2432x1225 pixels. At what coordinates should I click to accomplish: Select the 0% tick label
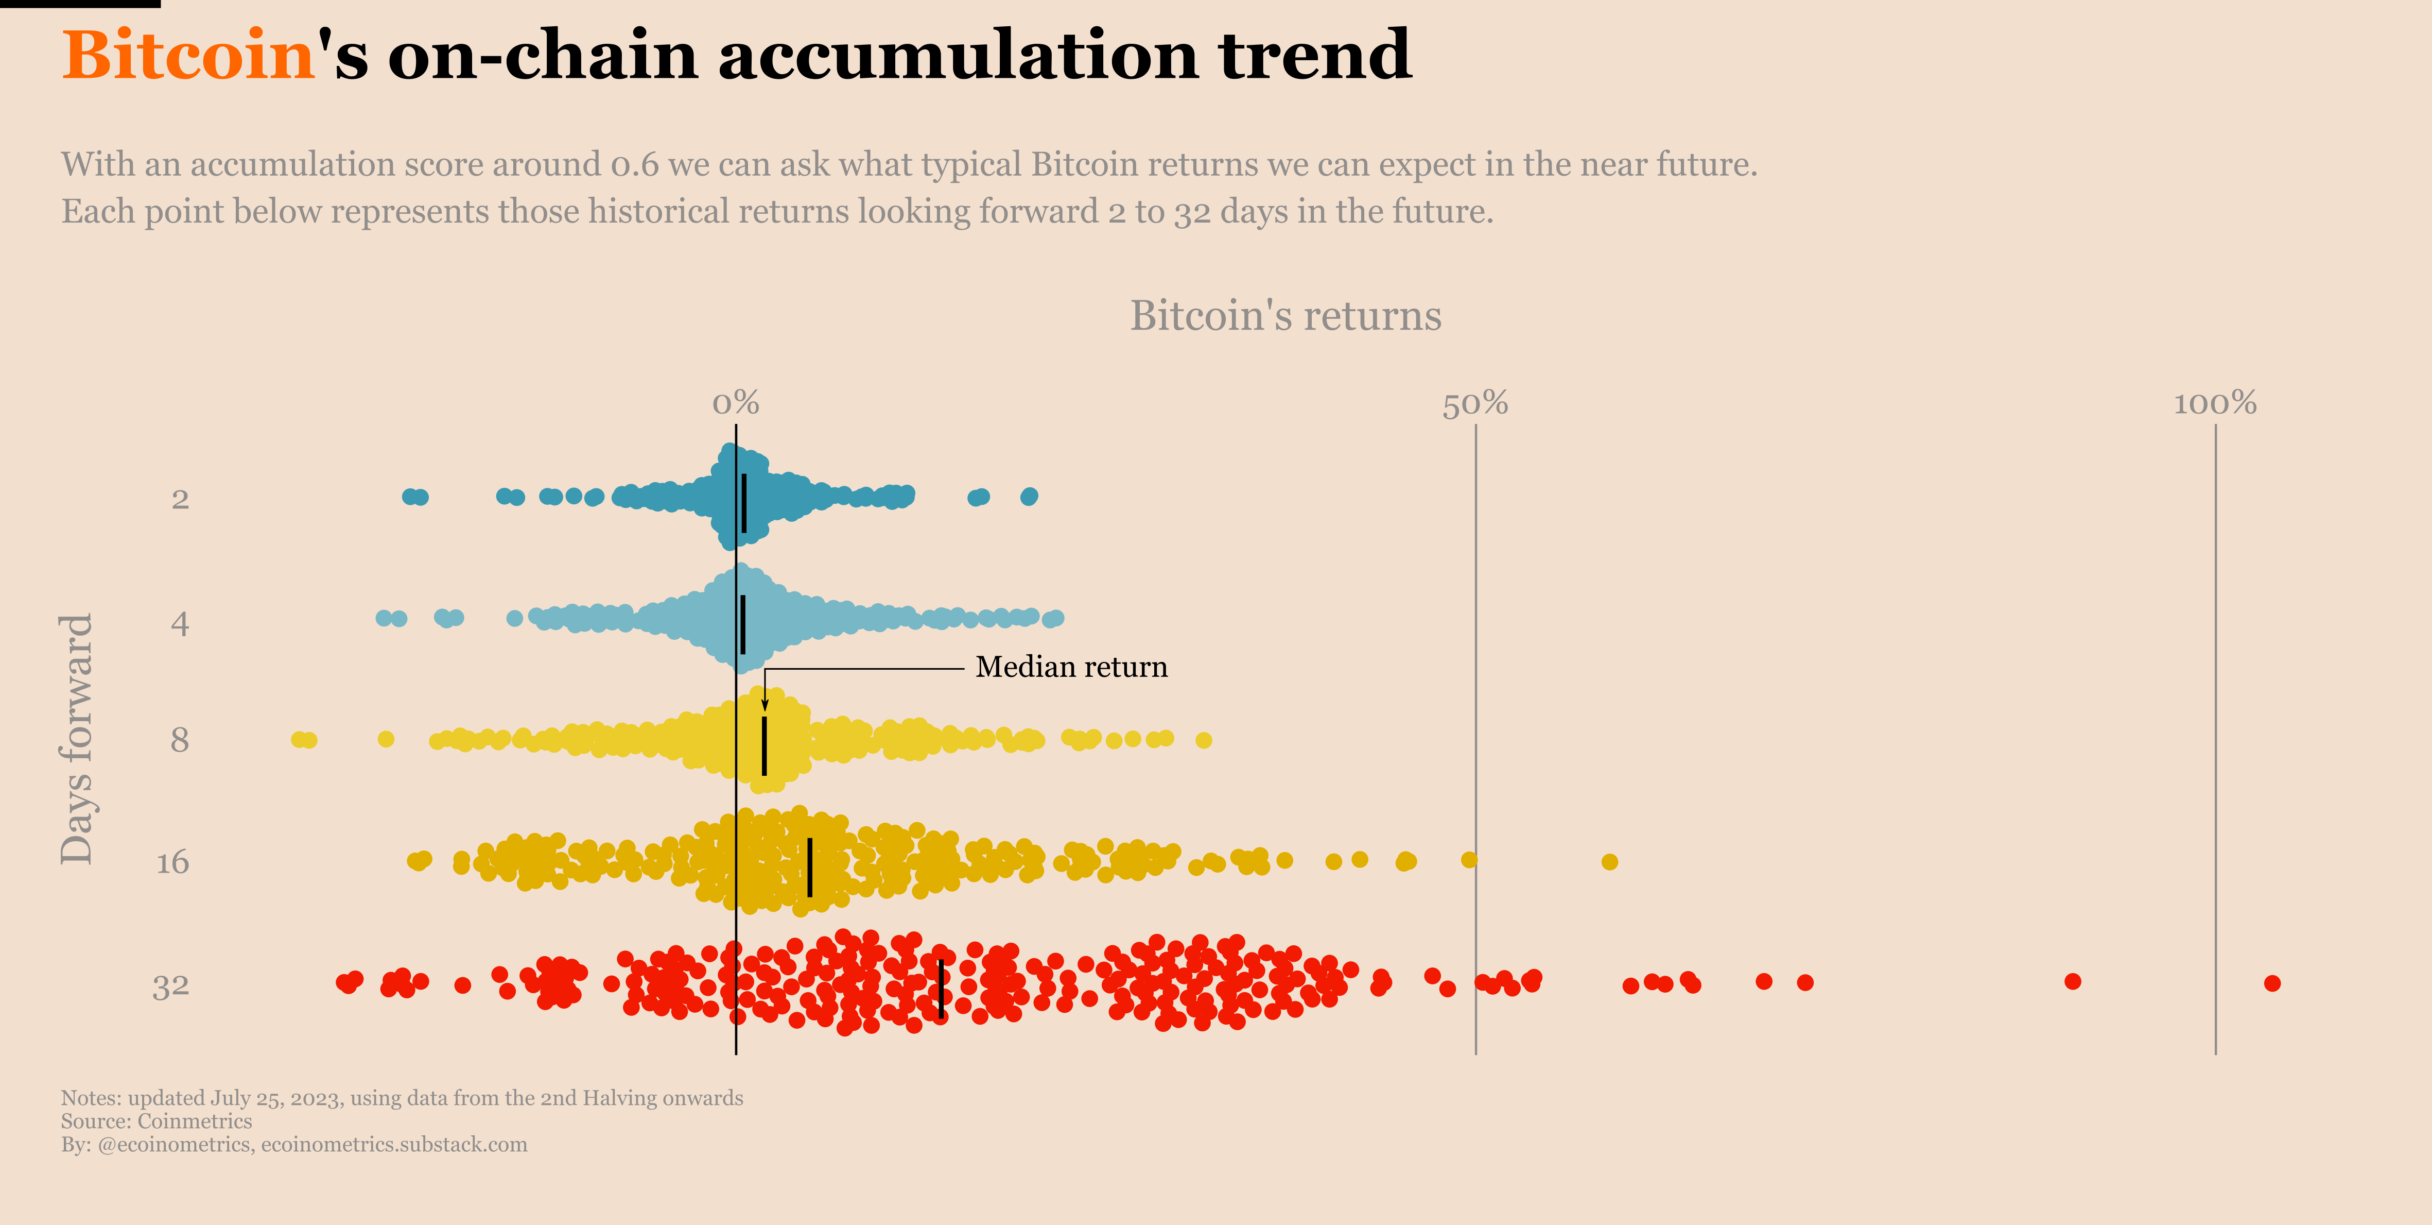[736, 403]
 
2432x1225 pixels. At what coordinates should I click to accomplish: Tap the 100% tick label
[2215, 403]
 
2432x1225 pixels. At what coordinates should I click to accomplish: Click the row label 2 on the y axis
[179, 499]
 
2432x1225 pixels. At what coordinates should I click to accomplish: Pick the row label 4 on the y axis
[179, 623]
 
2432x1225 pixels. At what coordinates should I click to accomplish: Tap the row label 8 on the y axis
[179, 740]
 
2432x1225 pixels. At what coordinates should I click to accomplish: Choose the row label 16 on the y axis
[173, 862]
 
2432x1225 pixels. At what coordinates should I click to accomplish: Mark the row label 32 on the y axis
[171, 986]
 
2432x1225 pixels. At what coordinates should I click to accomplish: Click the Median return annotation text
[1071, 667]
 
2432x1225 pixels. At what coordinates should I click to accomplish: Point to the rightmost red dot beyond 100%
[2272, 983]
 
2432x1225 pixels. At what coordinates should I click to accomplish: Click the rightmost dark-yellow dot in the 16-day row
[1610, 861]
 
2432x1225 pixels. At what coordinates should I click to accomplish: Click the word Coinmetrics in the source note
[195, 1121]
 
